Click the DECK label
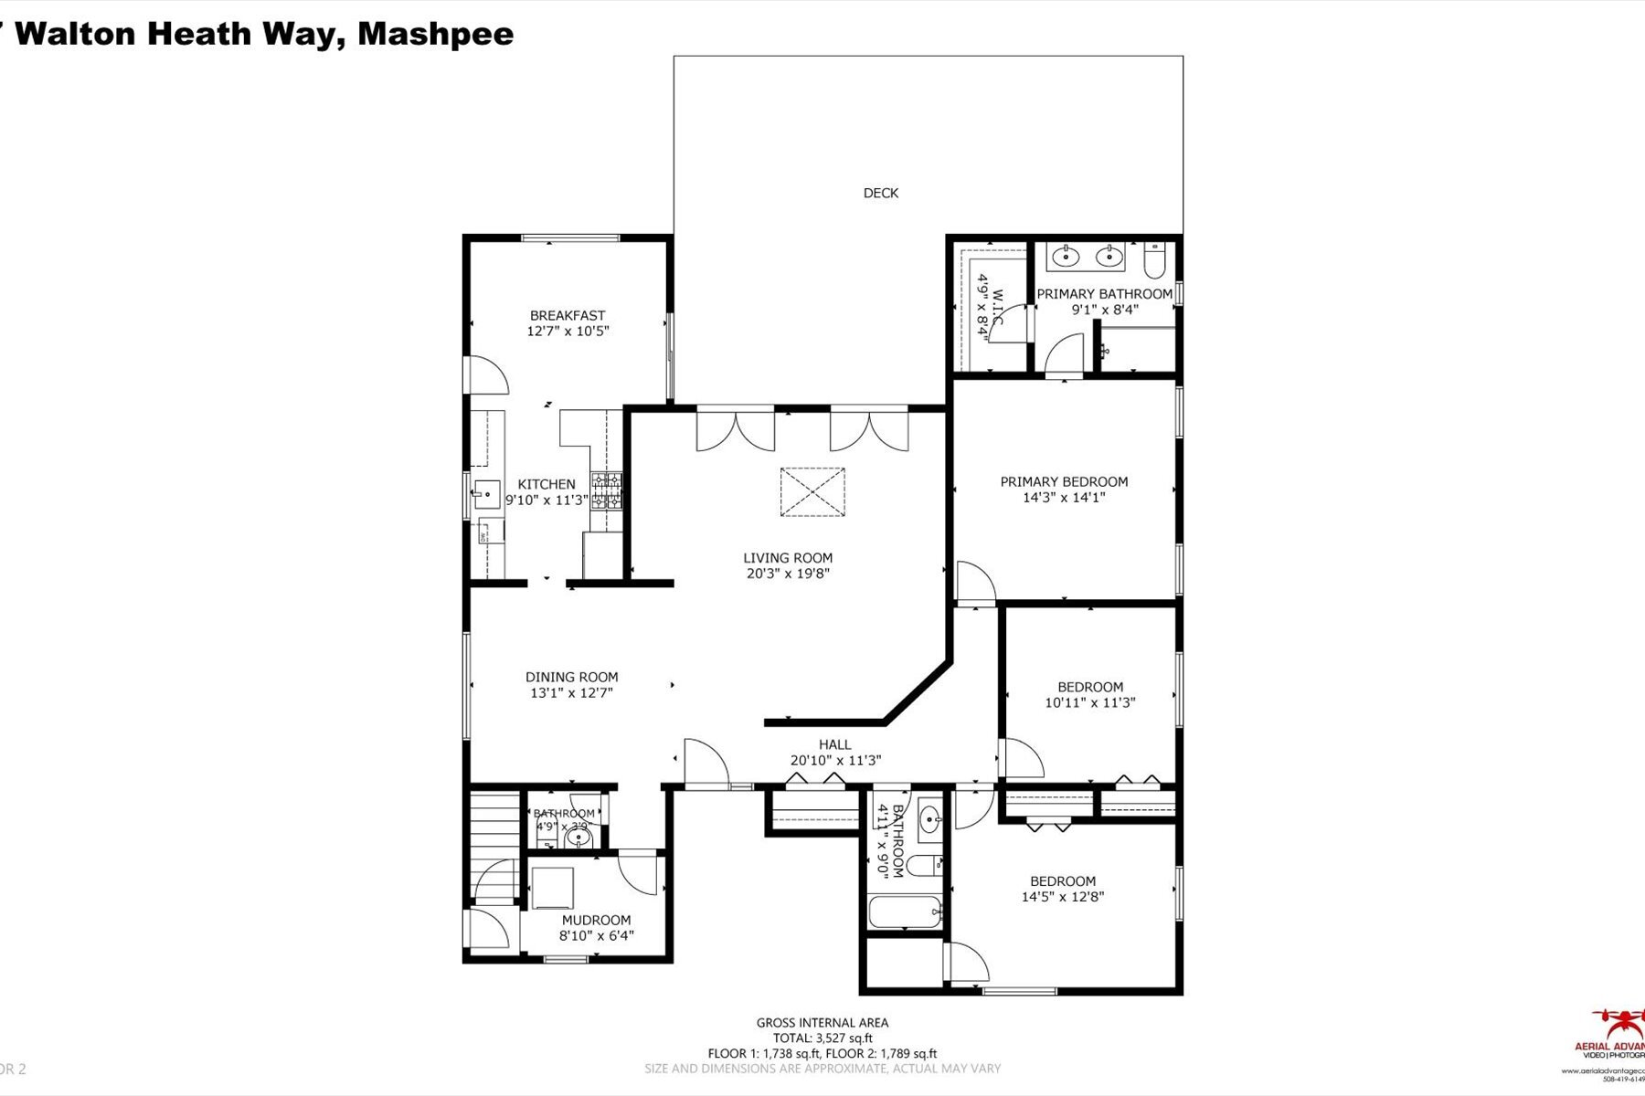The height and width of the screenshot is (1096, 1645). [x=880, y=193]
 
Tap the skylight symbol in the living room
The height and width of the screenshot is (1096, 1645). [x=812, y=492]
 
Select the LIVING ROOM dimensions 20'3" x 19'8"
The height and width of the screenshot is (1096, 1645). [x=787, y=574]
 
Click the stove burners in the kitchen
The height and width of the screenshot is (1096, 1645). [x=607, y=491]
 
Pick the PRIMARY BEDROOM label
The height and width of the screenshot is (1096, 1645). [x=1064, y=481]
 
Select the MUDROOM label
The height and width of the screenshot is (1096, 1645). [x=596, y=920]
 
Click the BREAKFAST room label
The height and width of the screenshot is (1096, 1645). [x=568, y=315]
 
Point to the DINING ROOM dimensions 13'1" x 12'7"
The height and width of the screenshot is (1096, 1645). [x=571, y=692]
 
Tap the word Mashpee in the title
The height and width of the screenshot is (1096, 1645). [x=435, y=34]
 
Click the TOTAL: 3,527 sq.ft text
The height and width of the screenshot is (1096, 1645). [x=822, y=1038]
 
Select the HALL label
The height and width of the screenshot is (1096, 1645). [x=834, y=744]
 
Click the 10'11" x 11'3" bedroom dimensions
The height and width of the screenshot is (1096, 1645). [x=1089, y=702]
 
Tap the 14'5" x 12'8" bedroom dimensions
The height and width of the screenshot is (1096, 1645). [x=1062, y=896]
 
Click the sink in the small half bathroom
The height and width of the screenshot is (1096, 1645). [x=578, y=836]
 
